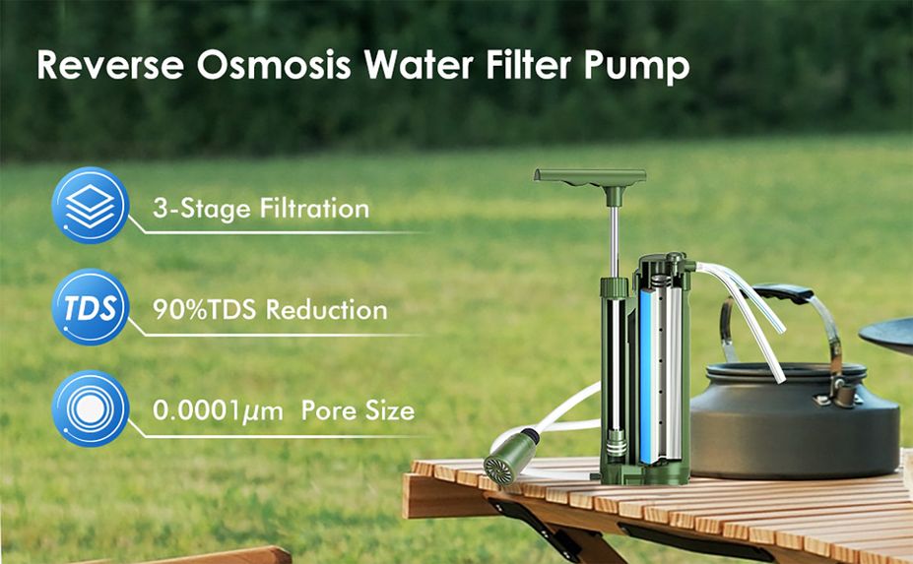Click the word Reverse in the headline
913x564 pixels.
click(x=110, y=64)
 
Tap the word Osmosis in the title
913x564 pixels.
click(x=274, y=64)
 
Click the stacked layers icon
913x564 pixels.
click(x=91, y=206)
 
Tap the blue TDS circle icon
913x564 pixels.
click(x=91, y=307)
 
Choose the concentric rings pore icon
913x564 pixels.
click(x=91, y=408)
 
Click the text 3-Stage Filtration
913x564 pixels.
click(x=261, y=209)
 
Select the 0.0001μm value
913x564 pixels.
click(x=218, y=411)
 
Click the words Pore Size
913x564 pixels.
click(x=359, y=410)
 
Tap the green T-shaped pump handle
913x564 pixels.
click(x=590, y=180)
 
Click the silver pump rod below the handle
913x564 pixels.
click(x=614, y=241)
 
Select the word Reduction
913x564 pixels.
click(x=327, y=310)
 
